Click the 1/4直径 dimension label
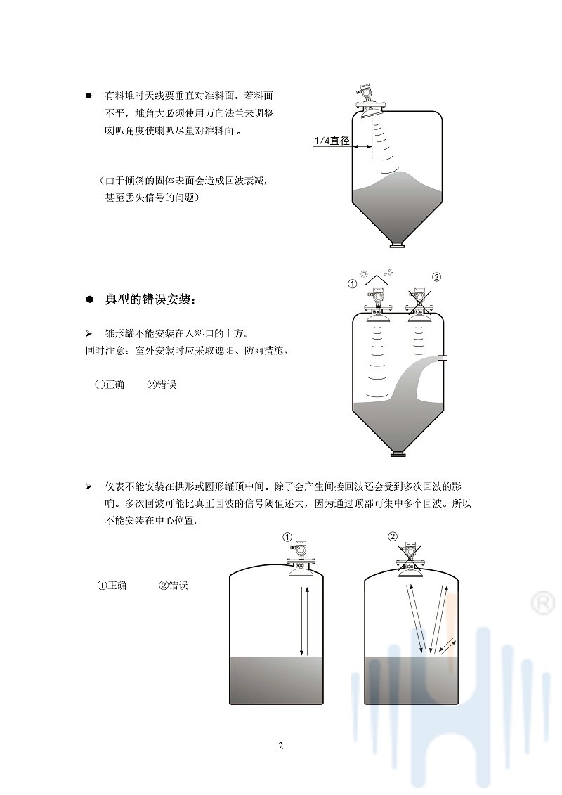[332, 141]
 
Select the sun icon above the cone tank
[363, 274]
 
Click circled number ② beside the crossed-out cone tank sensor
[436, 276]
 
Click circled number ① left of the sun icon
[353, 284]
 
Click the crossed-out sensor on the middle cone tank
[419, 302]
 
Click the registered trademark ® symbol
[542, 602]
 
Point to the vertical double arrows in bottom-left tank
[303, 619]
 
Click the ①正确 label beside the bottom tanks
[112, 586]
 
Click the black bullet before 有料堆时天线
[89, 95]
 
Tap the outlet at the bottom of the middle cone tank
[397, 454]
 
